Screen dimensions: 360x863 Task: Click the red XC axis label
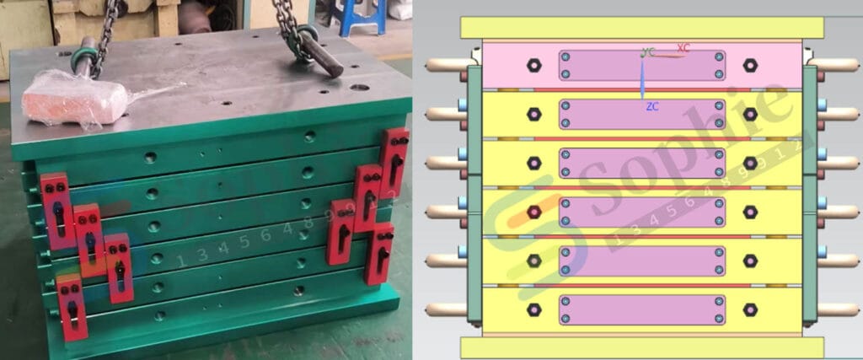(x=683, y=48)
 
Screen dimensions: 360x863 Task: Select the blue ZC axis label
(x=651, y=107)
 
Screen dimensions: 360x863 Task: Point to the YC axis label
(x=647, y=52)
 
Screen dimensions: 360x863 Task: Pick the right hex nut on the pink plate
(x=749, y=65)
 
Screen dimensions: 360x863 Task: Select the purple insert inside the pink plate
(x=641, y=66)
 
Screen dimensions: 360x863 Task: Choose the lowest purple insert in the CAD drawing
(x=641, y=309)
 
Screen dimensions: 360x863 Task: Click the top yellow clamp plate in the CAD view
(x=641, y=28)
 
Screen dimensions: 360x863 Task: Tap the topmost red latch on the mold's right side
(x=394, y=161)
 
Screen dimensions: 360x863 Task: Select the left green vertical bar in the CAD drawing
(x=472, y=194)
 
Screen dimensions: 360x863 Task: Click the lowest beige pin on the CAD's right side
(x=839, y=309)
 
